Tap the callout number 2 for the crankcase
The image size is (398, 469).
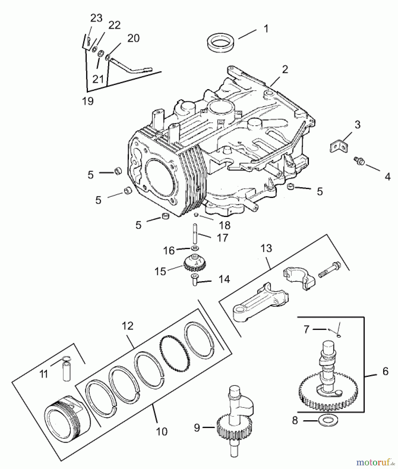pos(285,70)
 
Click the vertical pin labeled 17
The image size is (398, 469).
pos(195,233)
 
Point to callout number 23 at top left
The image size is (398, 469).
pos(96,18)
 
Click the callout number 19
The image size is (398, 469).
pos(88,101)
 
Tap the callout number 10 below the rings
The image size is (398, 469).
pos(161,432)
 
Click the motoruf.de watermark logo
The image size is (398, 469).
pos(375,462)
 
